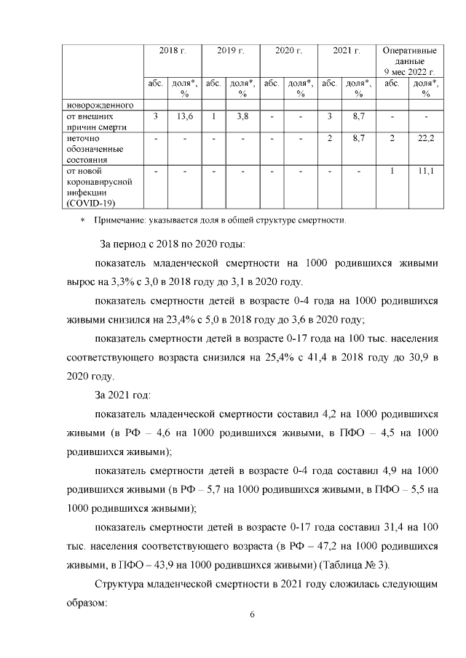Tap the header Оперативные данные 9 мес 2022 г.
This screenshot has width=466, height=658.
click(410, 61)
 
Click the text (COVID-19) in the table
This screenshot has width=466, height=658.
click(90, 203)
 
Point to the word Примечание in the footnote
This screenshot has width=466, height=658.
click(119, 219)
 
